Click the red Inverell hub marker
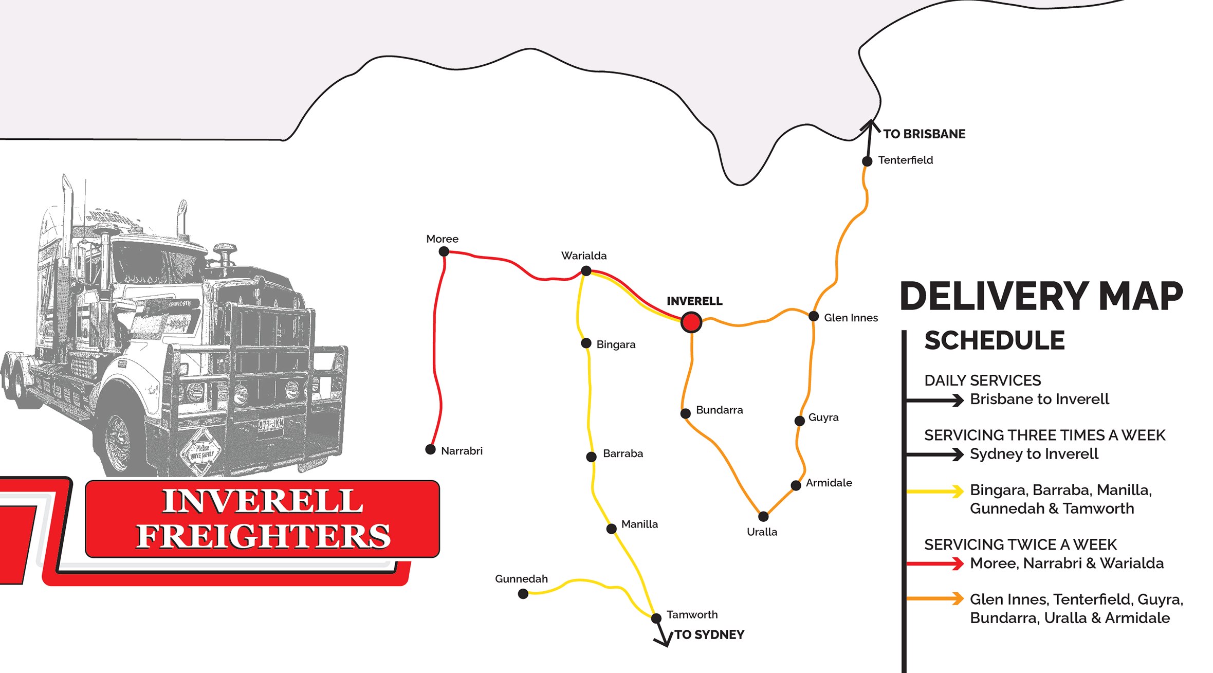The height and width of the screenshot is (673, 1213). coord(691,322)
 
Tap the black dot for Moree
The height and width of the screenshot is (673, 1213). coord(444,251)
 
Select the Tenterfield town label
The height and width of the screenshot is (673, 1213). coord(905,160)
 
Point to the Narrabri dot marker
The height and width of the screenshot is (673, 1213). coord(430,450)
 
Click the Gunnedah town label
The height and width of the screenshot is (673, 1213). coord(521,579)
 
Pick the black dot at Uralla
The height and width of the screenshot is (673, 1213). coord(763,516)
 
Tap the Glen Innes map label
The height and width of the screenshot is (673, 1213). coord(851,318)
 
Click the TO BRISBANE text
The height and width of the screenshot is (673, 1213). coord(924,134)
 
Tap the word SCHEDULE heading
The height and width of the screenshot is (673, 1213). coord(994,340)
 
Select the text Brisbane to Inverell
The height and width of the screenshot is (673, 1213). coord(1039,399)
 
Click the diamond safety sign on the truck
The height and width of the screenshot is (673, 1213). coord(201,451)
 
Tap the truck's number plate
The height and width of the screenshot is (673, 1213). coord(270,425)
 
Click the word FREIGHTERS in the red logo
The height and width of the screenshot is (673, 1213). coord(263,536)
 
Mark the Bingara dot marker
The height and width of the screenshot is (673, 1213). coord(586,343)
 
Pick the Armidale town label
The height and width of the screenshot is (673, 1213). coord(829,483)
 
